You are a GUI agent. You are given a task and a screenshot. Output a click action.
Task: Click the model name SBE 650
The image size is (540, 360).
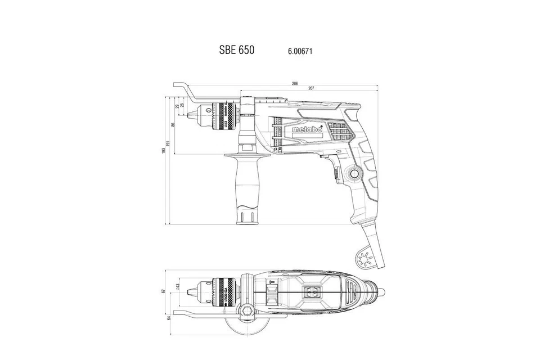236,49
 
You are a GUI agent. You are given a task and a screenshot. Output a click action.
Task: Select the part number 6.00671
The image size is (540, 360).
300,51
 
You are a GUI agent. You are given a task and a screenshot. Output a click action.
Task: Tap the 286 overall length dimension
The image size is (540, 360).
295,84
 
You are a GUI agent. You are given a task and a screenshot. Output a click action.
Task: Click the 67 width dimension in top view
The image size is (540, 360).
163,291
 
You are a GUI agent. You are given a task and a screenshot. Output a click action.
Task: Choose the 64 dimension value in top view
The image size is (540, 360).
169,318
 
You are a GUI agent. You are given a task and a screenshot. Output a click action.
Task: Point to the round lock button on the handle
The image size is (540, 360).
354,174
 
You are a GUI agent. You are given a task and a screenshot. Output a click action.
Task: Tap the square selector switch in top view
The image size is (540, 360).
310,291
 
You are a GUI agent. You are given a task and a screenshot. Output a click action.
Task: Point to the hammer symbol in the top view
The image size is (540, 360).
271,281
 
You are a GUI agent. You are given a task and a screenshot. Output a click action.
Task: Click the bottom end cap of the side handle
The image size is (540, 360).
245,216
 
